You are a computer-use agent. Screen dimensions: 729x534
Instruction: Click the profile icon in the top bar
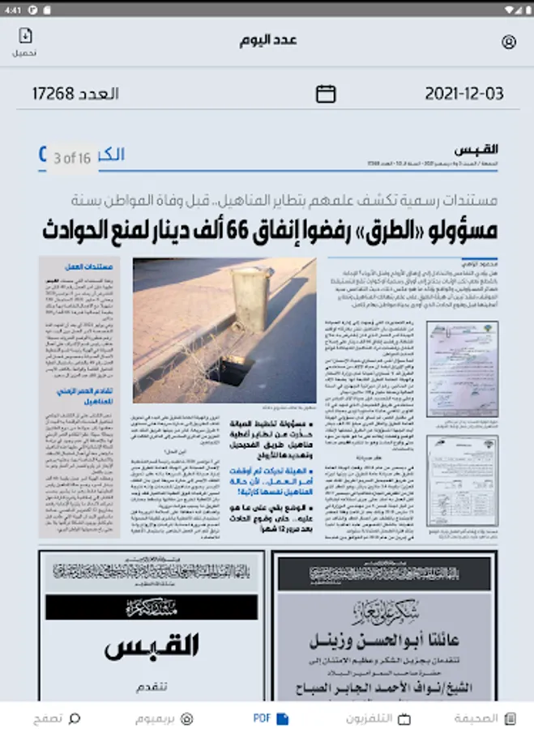click(509, 42)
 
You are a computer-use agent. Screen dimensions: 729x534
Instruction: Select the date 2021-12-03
click(464, 94)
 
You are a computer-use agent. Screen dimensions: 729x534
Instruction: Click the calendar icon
click(326, 94)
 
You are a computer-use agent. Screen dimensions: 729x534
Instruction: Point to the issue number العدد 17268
click(75, 94)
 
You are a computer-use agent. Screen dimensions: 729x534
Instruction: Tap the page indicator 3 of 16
click(72, 159)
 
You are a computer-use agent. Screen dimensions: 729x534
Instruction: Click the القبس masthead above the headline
click(476, 151)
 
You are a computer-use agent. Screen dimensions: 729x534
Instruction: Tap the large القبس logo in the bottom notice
click(152, 646)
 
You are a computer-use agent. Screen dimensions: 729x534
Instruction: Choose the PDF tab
click(271, 718)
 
